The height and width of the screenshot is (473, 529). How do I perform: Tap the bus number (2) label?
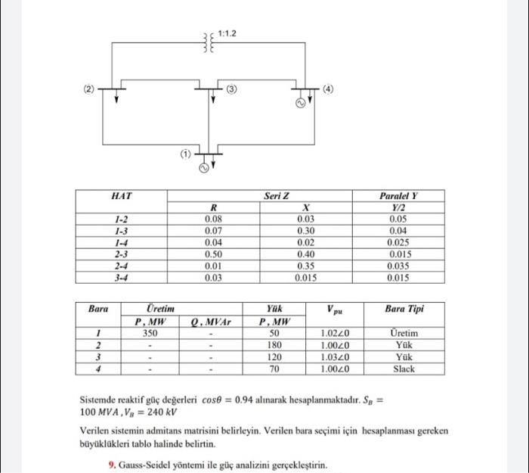(88, 89)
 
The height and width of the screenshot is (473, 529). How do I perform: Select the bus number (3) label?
(232, 89)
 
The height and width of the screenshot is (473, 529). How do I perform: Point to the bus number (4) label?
(327, 89)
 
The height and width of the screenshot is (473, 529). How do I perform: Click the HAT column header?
(121, 196)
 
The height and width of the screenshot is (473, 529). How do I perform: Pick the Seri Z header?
(276, 196)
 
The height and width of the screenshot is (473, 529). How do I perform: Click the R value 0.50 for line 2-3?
(213, 254)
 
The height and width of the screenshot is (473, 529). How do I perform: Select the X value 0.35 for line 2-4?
(306, 266)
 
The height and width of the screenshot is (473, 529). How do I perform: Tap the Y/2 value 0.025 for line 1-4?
(398, 242)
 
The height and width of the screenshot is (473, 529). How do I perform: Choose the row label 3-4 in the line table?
(121, 279)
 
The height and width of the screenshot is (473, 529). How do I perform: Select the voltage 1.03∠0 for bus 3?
(333, 357)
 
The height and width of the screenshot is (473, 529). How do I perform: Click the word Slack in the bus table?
(404, 369)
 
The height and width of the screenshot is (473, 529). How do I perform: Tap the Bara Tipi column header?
(404, 309)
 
